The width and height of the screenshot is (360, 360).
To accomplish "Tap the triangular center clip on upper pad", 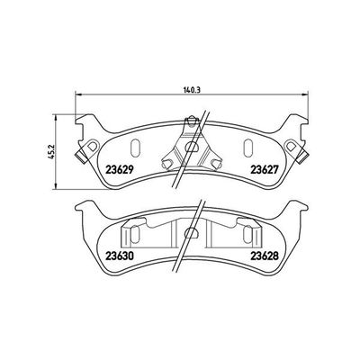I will [190, 144].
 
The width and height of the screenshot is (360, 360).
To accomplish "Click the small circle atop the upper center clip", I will [192, 121].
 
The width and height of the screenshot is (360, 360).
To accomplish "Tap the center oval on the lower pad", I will [190, 233].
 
